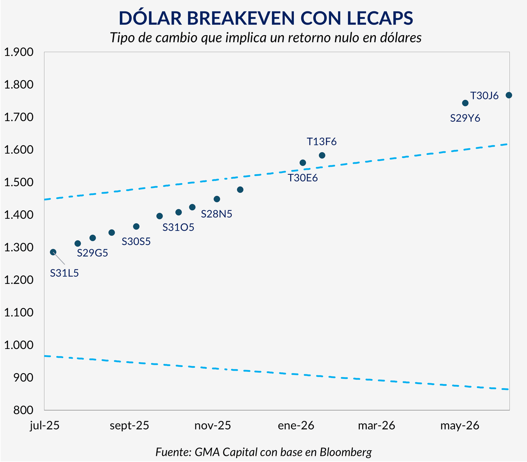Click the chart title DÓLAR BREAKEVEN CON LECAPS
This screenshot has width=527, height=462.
click(266, 18)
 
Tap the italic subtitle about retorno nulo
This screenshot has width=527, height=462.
click(266, 38)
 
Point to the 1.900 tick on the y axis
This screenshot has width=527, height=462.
click(18, 52)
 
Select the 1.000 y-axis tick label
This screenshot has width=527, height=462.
click(18, 345)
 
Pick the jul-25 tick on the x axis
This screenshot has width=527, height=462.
click(45, 425)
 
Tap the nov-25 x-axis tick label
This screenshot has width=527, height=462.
click(213, 425)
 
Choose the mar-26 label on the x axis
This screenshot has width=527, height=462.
click(376, 425)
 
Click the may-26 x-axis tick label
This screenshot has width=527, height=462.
click(459, 425)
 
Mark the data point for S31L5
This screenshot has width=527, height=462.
click(53, 252)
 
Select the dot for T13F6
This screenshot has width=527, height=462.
click(322, 155)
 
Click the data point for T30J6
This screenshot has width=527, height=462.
click(509, 95)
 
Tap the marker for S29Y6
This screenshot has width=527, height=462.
click(466, 103)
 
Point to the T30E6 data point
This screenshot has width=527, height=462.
click(303, 163)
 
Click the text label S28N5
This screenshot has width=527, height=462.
click(217, 214)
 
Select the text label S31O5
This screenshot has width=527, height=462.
click(178, 227)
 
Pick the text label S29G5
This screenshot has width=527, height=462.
click(92, 253)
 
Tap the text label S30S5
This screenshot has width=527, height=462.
click(136, 242)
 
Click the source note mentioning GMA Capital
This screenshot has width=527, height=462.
click(263, 452)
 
